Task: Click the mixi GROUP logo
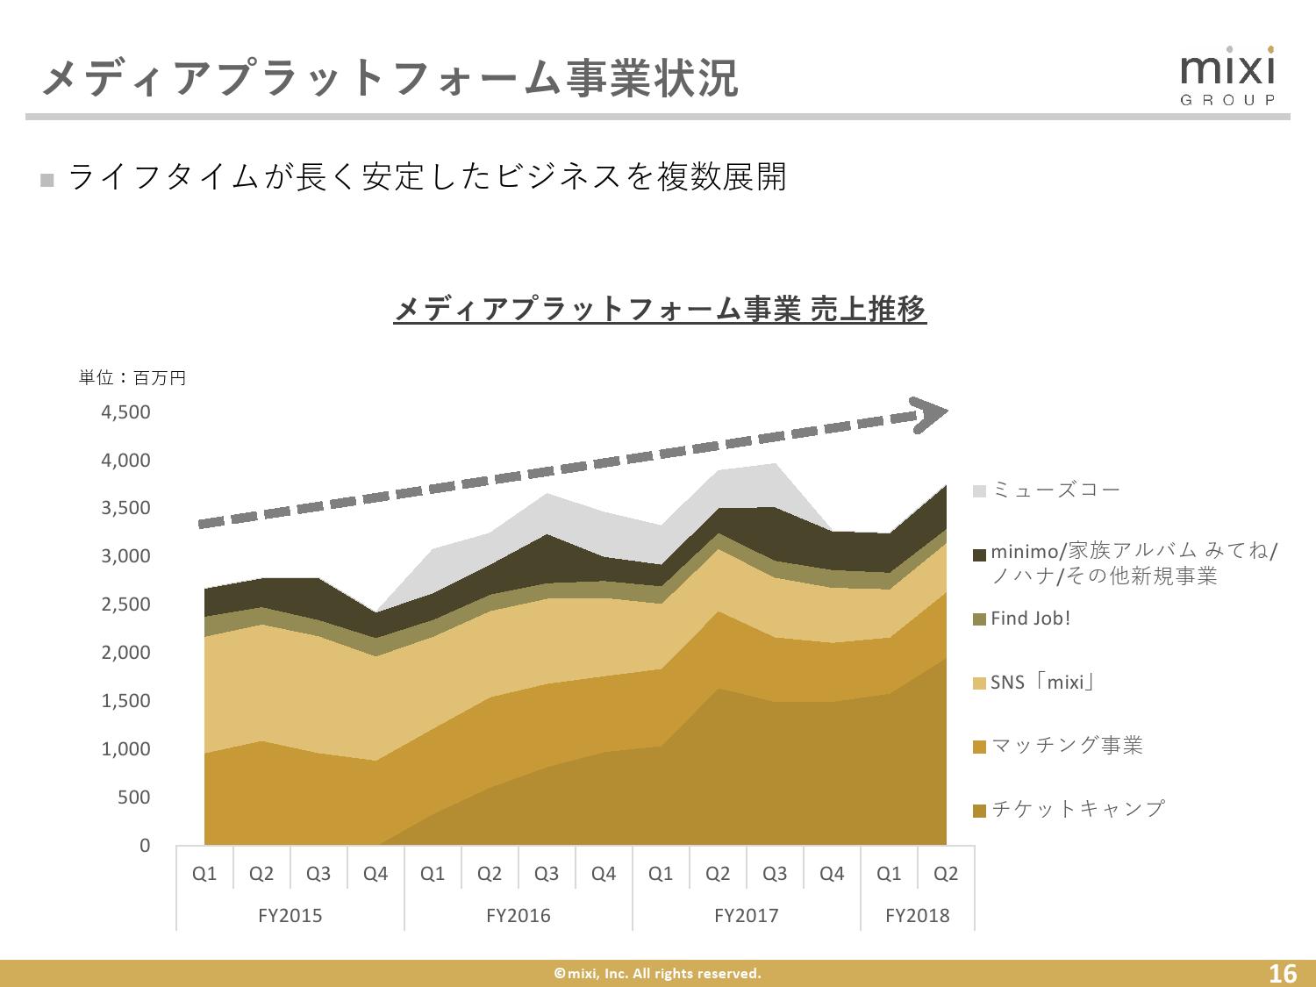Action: pos(1227,77)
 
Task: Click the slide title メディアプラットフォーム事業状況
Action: pos(390,78)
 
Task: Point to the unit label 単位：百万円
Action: pos(132,378)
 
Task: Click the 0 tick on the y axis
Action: pos(145,846)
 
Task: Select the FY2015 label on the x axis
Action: pos(290,916)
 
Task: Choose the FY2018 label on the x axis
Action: pos(917,916)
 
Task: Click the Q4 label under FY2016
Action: pos(604,874)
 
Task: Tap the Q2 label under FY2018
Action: pos(946,874)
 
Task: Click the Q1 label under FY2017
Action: pos(661,874)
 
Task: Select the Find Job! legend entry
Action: pos(1030,619)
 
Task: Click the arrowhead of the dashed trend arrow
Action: pos(930,414)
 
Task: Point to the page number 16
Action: pos(1283,973)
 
